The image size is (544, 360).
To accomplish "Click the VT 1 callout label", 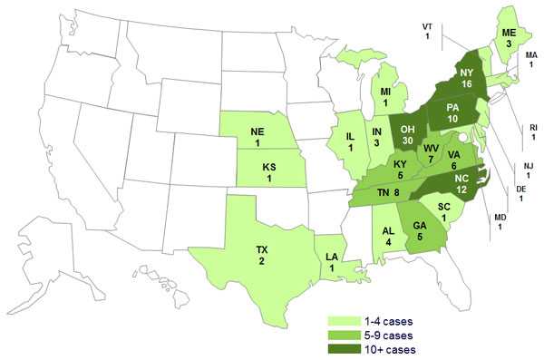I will (427, 30).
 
